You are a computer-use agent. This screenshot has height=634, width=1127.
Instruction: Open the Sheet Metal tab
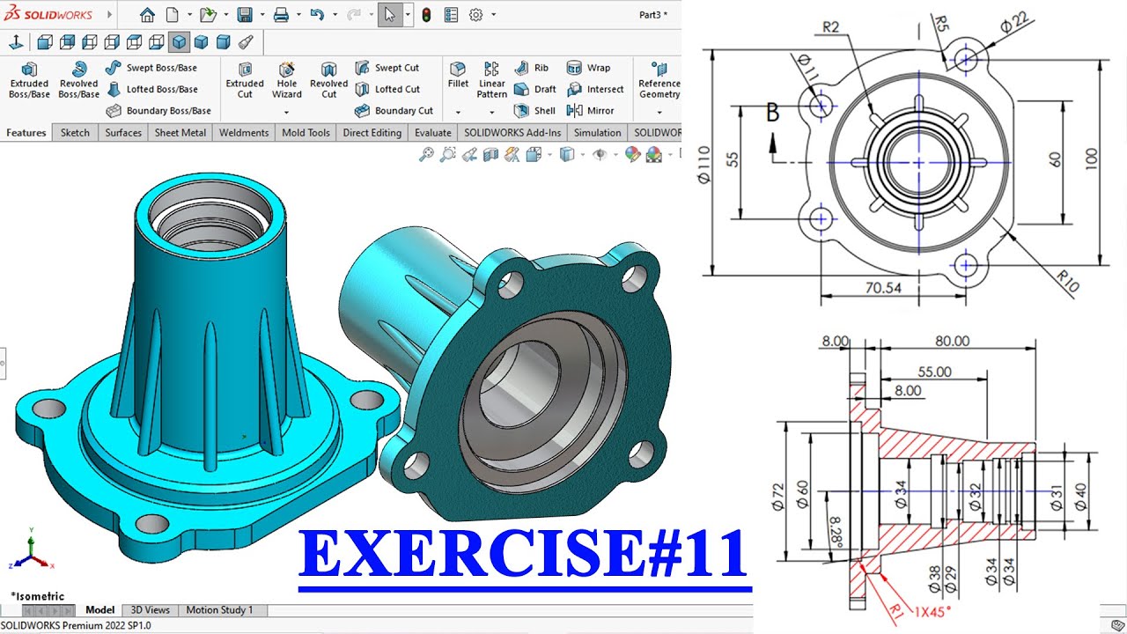point(180,133)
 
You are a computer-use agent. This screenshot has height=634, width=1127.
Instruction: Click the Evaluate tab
point(432,133)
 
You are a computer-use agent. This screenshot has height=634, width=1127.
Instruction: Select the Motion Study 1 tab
point(219,609)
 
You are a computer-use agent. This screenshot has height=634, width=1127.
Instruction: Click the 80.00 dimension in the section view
point(953,342)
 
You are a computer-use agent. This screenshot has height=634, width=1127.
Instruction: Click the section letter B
point(772,113)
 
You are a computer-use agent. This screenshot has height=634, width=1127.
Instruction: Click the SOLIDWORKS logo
point(48,14)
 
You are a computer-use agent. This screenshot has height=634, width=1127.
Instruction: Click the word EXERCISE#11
point(524,554)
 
